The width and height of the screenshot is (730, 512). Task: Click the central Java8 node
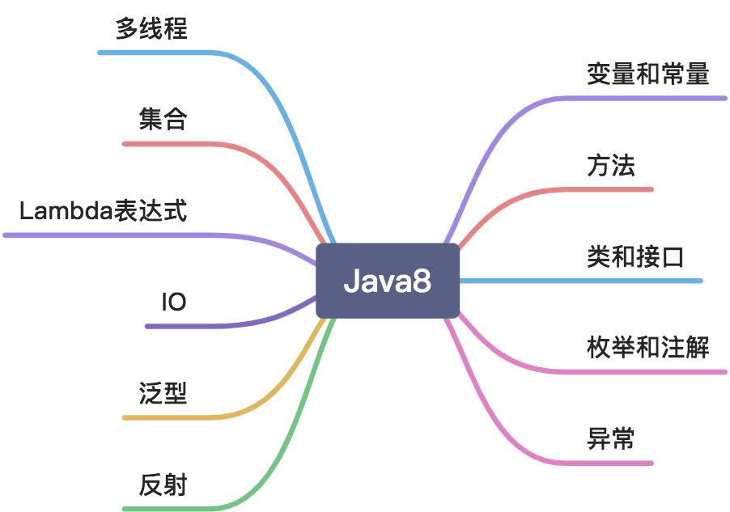click(x=387, y=281)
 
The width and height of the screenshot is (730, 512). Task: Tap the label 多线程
click(x=151, y=29)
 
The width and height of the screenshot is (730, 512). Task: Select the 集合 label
click(x=163, y=121)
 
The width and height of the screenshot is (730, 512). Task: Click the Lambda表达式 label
click(x=103, y=212)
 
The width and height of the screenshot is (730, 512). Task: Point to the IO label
click(x=174, y=303)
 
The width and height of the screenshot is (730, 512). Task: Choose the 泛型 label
click(x=163, y=394)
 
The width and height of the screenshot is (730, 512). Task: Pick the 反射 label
click(x=163, y=485)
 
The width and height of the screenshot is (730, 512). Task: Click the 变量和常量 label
click(x=647, y=74)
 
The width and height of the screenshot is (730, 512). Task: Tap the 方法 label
click(x=611, y=166)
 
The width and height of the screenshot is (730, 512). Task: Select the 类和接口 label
click(x=635, y=257)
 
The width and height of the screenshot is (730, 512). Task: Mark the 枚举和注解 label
click(x=647, y=349)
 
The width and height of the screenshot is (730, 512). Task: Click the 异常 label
click(x=611, y=440)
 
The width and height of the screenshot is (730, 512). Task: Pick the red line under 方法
click(x=607, y=189)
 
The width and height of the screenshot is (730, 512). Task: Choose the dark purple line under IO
click(x=186, y=326)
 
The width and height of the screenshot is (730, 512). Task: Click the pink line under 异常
click(x=607, y=463)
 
